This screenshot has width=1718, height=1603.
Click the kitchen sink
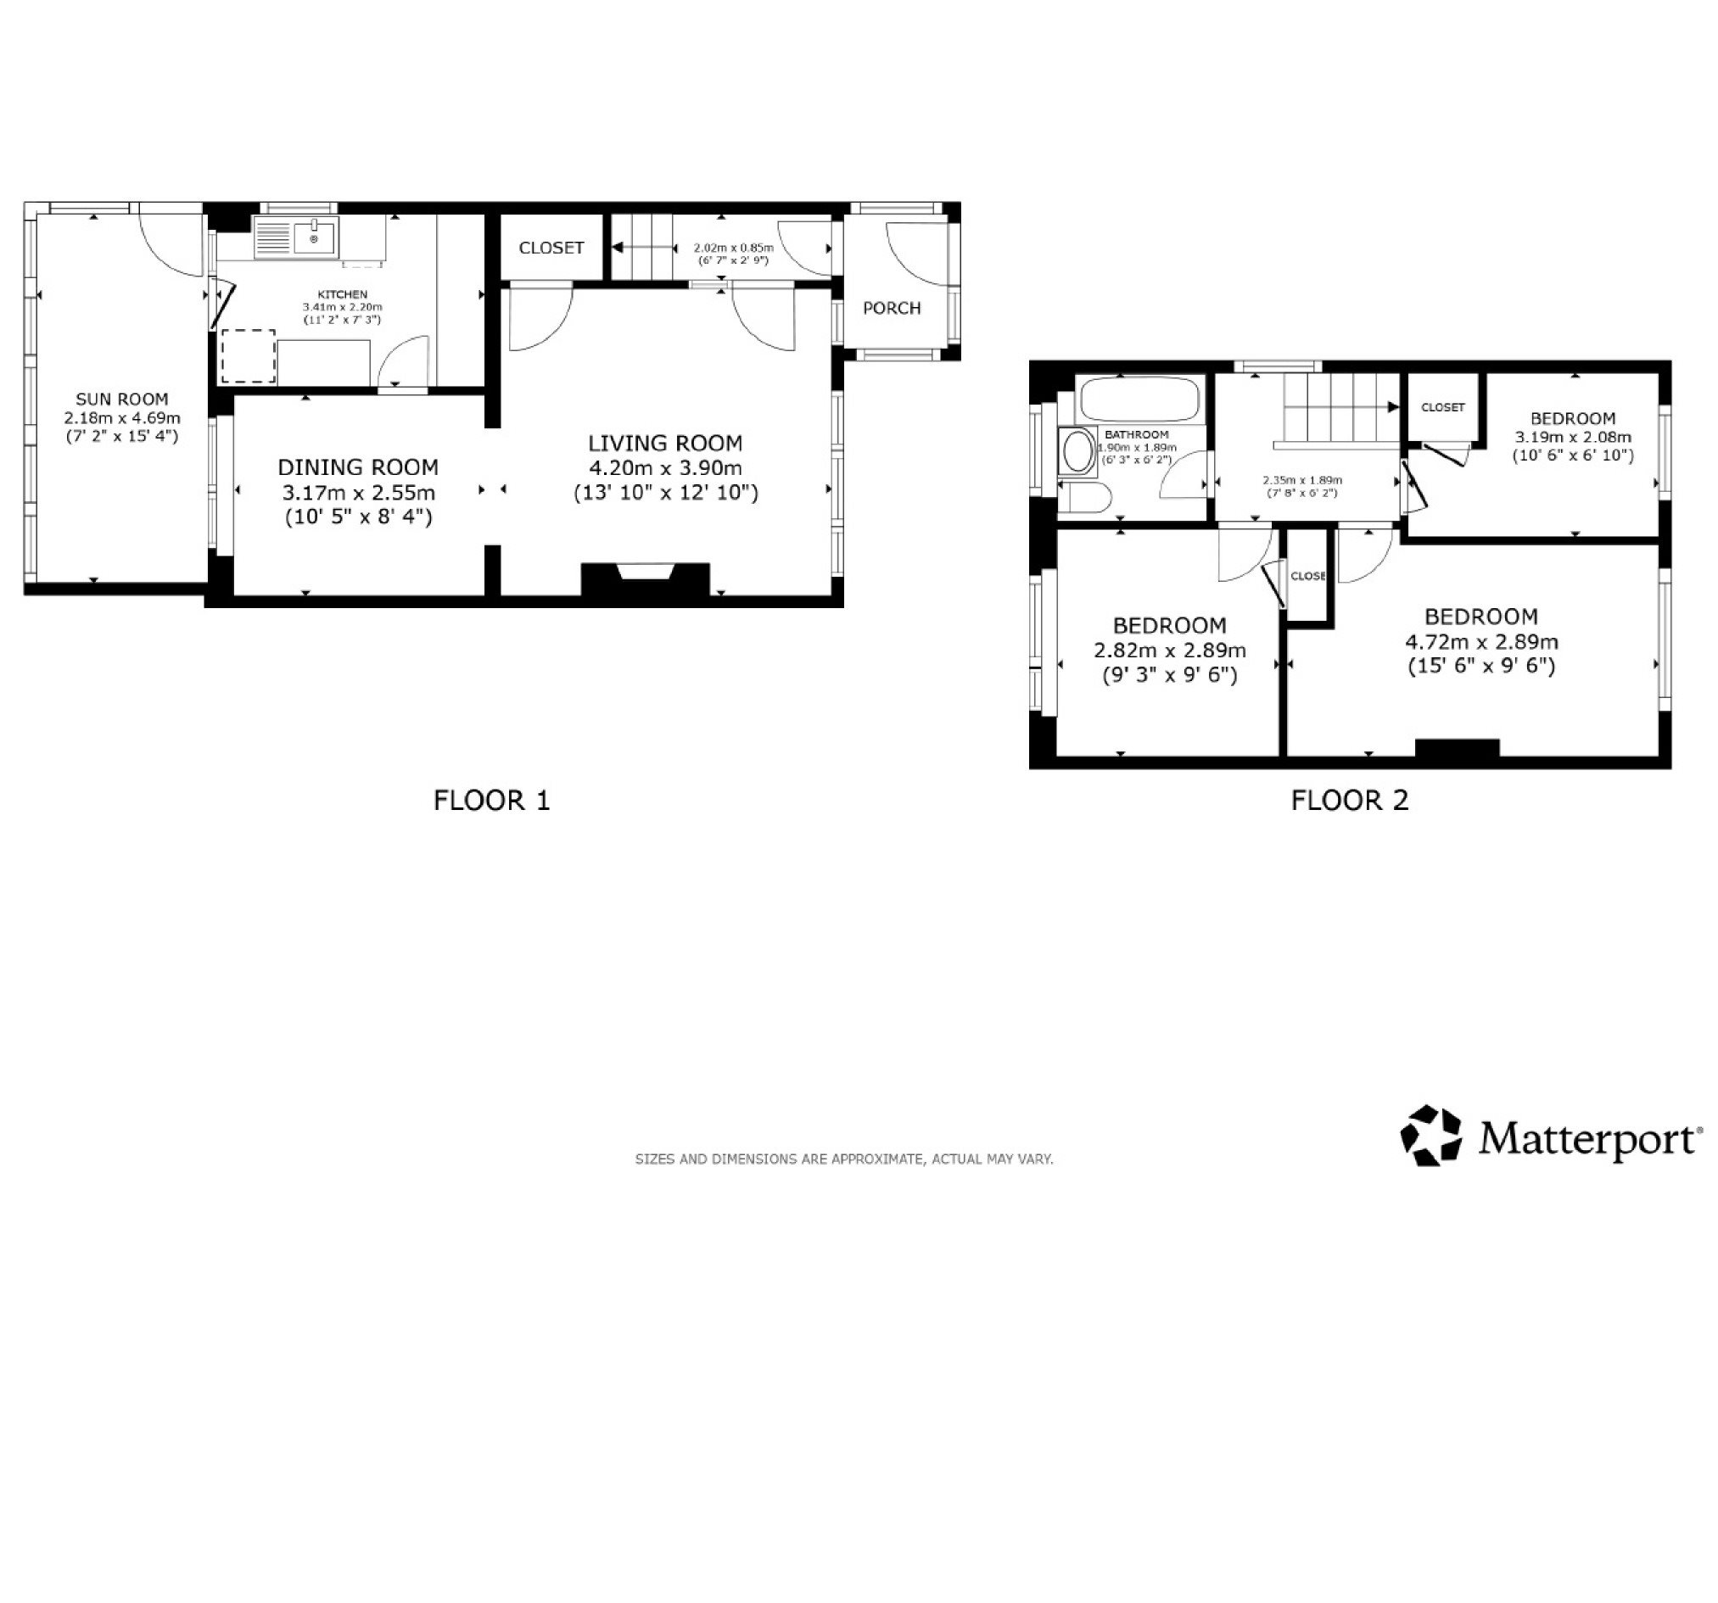(x=295, y=237)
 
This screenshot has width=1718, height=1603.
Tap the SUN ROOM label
(x=122, y=399)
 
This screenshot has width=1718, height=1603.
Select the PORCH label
(x=892, y=308)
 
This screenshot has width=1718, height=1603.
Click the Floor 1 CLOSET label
(x=551, y=248)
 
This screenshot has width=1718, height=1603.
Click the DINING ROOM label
(x=358, y=467)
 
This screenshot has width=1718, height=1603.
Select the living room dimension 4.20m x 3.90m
(x=665, y=468)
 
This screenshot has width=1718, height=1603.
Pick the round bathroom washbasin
(x=1077, y=451)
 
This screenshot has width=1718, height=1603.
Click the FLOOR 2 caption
(x=1350, y=800)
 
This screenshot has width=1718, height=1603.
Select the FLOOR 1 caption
(x=492, y=800)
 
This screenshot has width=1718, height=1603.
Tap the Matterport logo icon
(x=1431, y=1135)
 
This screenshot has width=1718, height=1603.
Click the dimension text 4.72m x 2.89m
(x=1481, y=642)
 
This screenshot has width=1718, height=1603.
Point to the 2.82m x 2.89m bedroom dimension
(x=1170, y=650)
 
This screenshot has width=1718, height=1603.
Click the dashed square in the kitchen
(x=249, y=356)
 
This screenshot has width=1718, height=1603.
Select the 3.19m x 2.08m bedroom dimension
(x=1573, y=438)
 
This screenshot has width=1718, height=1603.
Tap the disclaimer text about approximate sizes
(x=844, y=1159)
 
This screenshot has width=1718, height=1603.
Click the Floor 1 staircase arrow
(x=644, y=247)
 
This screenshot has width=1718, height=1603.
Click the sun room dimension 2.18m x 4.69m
(x=122, y=417)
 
